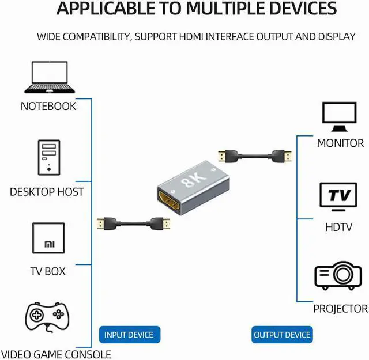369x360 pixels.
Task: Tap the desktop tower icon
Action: (x=48, y=157)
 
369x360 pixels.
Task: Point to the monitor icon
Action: (x=340, y=117)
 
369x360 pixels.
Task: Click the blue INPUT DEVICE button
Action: (x=129, y=335)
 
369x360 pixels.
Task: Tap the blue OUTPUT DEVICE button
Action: (x=283, y=335)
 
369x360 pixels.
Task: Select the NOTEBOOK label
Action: (x=48, y=106)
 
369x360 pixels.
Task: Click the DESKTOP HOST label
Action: (x=47, y=192)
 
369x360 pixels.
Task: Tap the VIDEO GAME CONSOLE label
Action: (x=56, y=354)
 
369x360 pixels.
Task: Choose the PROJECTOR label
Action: (x=340, y=309)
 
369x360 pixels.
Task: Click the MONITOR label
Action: (x=340, y=143)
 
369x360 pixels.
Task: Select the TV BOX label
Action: (x=48, y=271)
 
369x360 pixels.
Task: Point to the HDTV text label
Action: (x=338, y=227)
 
